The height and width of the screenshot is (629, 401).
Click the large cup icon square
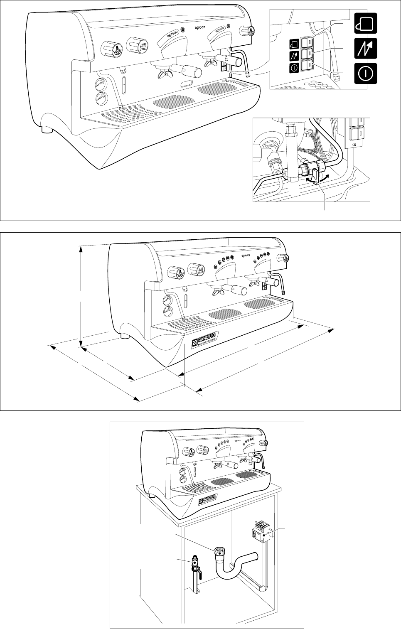(x=366, y=23)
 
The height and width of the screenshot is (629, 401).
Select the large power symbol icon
(x=366, y=73)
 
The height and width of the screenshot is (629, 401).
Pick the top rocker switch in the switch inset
(x=307, y=42)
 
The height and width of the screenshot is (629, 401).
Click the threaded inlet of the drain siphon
(x=219, y=553)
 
